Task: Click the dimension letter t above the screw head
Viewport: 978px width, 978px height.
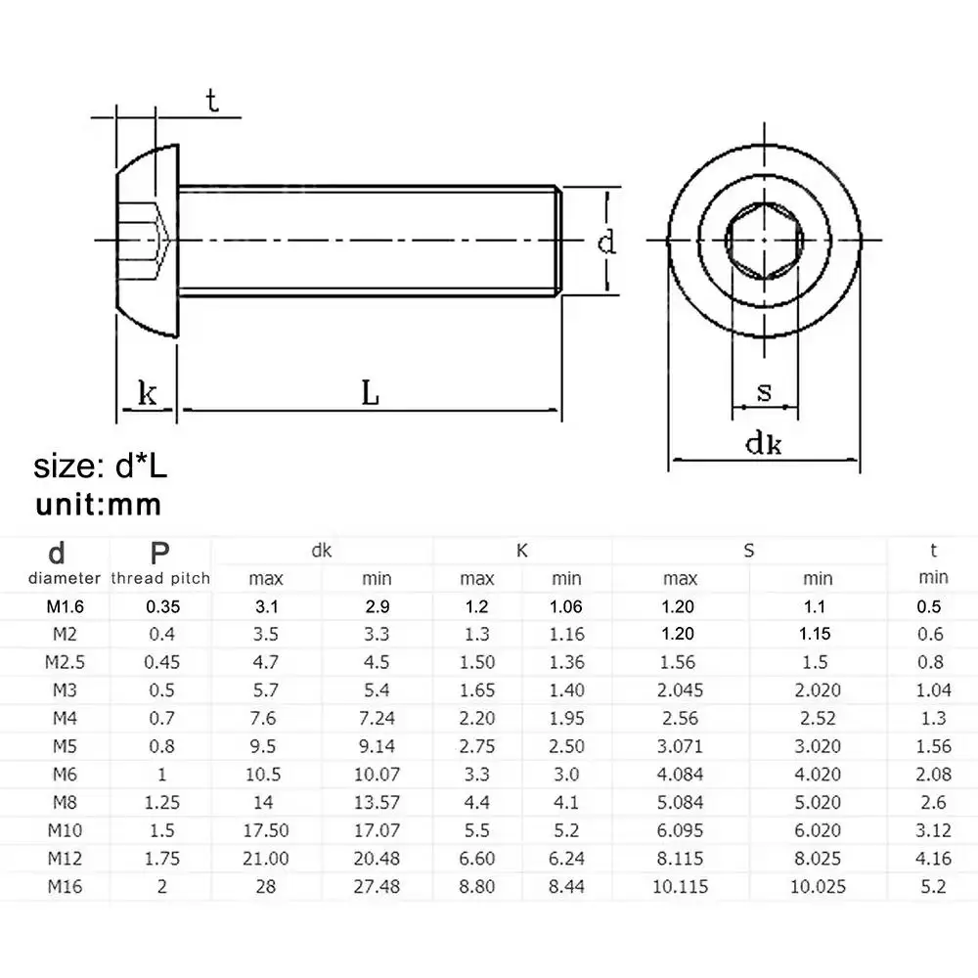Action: (211, 101)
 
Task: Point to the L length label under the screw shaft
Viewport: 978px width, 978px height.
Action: (370, 393)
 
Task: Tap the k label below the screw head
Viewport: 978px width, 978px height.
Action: (147, 394)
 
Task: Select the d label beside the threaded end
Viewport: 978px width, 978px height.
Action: (607, 241)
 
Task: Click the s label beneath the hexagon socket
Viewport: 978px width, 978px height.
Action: (765, 393)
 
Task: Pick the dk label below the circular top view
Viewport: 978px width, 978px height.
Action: (763, 445)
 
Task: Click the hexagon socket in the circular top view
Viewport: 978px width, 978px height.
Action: (765, 241)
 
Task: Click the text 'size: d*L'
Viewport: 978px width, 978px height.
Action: (101, 467)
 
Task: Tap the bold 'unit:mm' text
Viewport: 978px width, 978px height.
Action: (98, 505)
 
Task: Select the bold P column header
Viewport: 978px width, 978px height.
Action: (161, 554)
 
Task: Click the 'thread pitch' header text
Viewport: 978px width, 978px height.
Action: (161, 578)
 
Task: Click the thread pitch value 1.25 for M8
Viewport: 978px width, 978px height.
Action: (161, 803)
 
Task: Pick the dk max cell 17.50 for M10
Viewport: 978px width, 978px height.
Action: (266, 830)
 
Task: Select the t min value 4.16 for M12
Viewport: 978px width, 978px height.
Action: (933, 859)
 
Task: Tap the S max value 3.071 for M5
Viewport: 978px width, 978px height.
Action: (680, 746)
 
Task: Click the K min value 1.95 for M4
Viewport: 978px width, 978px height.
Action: (566, 719)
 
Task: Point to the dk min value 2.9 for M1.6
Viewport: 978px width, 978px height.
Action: (376, 606)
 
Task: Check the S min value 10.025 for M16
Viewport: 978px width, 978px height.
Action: (818, 887)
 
